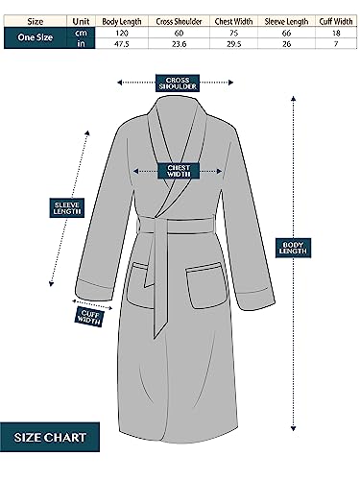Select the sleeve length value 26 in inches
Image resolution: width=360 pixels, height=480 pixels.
tap(286, 44)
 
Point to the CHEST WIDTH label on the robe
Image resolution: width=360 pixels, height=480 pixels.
tap(180, 171)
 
